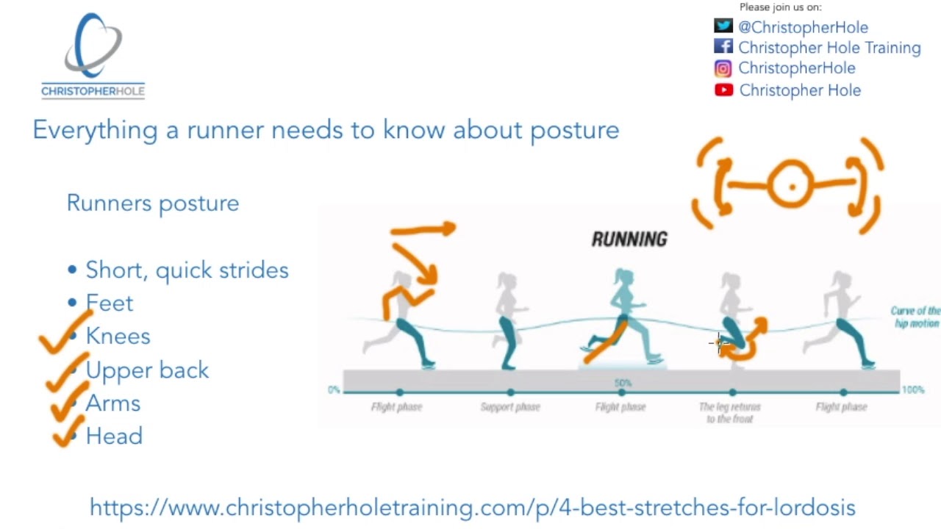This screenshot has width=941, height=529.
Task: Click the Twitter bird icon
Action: click(x=723, y=26)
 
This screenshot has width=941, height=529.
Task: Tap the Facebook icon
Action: click(x=723, y=47)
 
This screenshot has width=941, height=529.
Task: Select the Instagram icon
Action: click(x=723, y=68)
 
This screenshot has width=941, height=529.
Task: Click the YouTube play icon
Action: click(x=723, y=90)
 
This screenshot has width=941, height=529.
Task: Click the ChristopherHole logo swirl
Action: click(x=93, y=46)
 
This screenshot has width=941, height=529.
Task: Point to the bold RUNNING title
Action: click(x=629, y=240)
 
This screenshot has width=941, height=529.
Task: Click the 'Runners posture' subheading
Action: click(x=153, y=204)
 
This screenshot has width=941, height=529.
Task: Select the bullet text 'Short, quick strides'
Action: click(x=187, y=270)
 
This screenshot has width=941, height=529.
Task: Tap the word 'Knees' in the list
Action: click(x=118, y=337)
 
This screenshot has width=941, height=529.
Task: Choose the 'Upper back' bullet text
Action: click(x=147, y=370)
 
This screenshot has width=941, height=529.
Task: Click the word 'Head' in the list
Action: click(x=114, y=436)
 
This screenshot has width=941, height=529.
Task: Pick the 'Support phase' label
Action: click(x=510, y=407)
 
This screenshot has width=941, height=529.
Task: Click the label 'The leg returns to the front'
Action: click(x=729, y=412)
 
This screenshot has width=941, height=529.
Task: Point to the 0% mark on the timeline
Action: click(x=334, y=390)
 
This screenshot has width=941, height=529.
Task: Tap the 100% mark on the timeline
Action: click(x=912, y=390)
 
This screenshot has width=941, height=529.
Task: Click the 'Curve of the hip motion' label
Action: click(x=915, y=317)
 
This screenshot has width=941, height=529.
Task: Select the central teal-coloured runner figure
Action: click(x=624, y=316)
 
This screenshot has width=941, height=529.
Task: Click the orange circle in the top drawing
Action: click(x=791, y=185)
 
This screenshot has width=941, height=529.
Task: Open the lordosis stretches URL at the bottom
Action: click(x=472, y=508)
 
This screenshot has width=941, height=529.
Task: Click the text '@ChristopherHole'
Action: click(x=803, y=28)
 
